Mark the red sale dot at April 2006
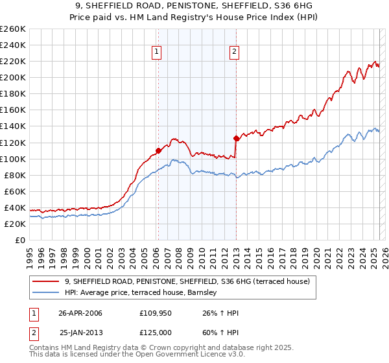(158, 150)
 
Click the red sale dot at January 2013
(236, 138)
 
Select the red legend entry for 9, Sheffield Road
(187, 281)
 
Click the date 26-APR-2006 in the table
(80, 313)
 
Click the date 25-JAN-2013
(80, 331)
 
